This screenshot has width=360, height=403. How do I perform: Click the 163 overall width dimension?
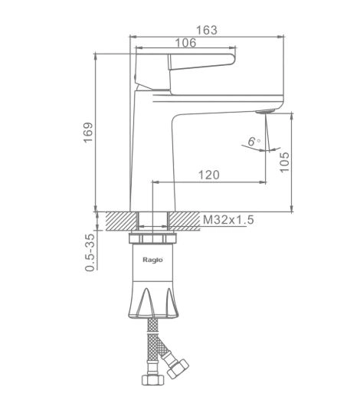pyautogui.click(x=207, y=30)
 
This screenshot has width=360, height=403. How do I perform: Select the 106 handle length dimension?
pyautogui.click(x=185, y=43)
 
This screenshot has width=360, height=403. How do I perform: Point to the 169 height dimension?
pyautogui.click(x=88, y=133)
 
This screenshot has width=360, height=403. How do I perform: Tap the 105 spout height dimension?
pyautogui.click(x=284, y=162)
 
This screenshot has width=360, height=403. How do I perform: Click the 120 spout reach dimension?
pyautogui.click(x=209, y=175)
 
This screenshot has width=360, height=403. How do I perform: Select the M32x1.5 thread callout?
pyautogui.click(x=228, y=220)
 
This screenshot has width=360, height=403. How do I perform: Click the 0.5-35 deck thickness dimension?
pyautogui.click(x=90, y=252)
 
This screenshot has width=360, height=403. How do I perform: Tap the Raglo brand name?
pyautogui.click(x=152, y=260)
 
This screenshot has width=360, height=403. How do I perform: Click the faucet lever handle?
pyautogui.click(x=201, y=62)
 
